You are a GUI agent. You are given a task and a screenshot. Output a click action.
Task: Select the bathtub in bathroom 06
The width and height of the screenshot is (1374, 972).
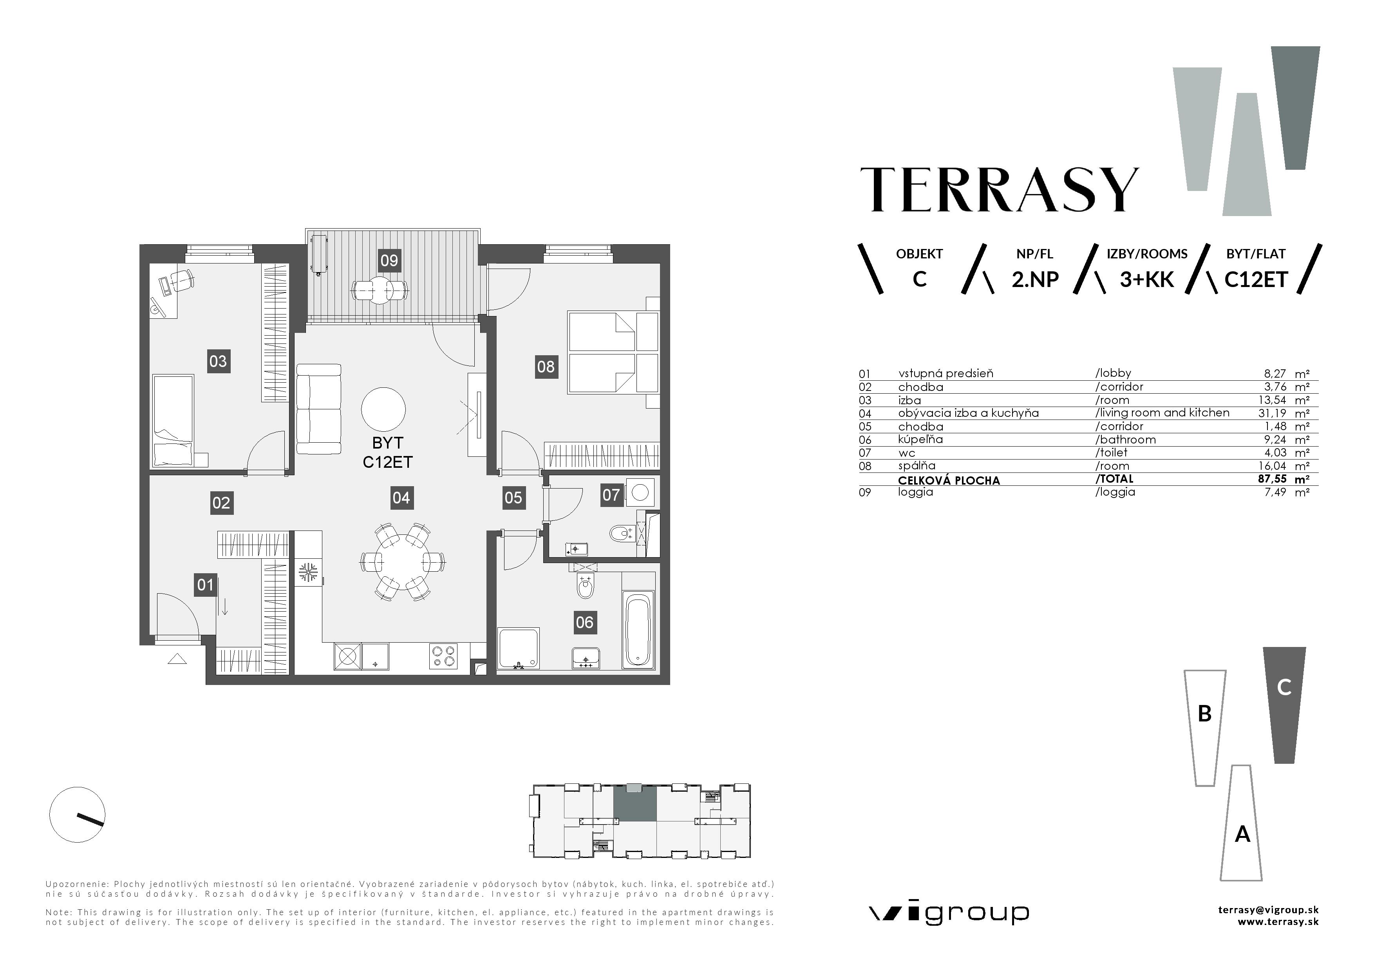638,629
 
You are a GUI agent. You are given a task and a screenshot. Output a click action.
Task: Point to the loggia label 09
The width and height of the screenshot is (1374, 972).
389,260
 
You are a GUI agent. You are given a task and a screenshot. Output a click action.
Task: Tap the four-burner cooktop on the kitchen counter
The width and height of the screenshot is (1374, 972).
443,656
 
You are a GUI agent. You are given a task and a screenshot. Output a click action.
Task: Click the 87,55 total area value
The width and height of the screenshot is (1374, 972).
1272,479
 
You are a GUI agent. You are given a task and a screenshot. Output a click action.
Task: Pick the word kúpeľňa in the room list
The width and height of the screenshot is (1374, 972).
920,440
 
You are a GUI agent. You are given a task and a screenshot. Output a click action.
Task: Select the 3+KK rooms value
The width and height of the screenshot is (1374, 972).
1146,280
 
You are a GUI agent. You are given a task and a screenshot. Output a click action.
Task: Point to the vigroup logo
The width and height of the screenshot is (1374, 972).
949,913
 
